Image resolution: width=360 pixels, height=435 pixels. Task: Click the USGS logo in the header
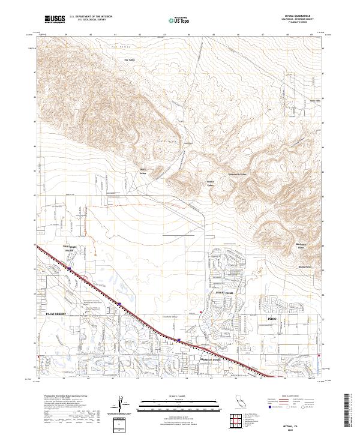pyautogui.click(x=55, y=19)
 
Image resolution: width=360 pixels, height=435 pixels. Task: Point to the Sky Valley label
pyautogui.click(x=130, y=60)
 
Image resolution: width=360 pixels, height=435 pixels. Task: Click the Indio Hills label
pyautogui.click(x=316, y=100)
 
